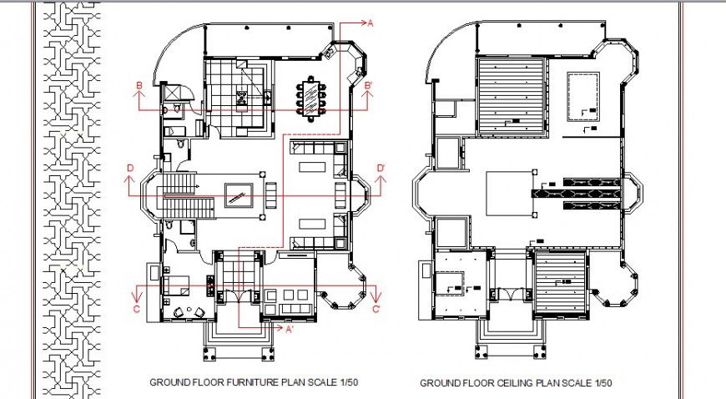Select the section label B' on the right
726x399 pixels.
click(x=369, y=86)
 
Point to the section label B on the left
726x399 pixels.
click(x=139, y=86)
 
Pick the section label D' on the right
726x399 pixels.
click(x=381, y=169)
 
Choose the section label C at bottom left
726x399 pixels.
click(x=135, y=310)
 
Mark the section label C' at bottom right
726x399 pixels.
click(x=376, y=310)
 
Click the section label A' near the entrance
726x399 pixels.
click(x=290, y=330)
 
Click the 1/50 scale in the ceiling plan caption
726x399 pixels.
click(x=603, y=383)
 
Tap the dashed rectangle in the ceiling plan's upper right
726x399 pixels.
click(x=582, y=97)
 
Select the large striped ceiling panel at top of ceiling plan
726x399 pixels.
click(x=512, y=97)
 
